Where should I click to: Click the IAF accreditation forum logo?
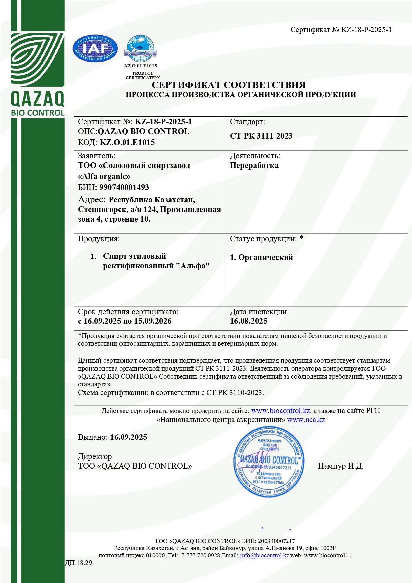click(x=95, y=49)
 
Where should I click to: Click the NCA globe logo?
click(x=140, y=49)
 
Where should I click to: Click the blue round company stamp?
click(x=269, y=462)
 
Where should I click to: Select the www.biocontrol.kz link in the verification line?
click(x=281, y=411)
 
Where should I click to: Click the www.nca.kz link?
click(x=306, y=420)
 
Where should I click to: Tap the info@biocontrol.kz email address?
click(x=265, y=555)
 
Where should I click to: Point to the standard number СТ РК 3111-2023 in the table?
click(x=261, y=136)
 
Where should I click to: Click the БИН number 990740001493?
click(x=124, y=187)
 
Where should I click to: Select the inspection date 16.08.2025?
click(x=249, y=321)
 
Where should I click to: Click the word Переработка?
click(x=254, y=165)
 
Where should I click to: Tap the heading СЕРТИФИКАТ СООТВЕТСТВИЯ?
click(x=229, y=85)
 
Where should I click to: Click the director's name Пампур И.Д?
click(x=341, y=466)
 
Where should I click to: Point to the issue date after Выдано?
click(x=128, y=437)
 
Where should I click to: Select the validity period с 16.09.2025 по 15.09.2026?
click(x=125, y=321)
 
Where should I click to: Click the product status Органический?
click(x=266, y=257)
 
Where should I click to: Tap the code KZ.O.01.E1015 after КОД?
click(x=127, y=142)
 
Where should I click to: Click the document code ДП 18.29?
click(x=78, y=563)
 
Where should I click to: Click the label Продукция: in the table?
click(x=99, y=239)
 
